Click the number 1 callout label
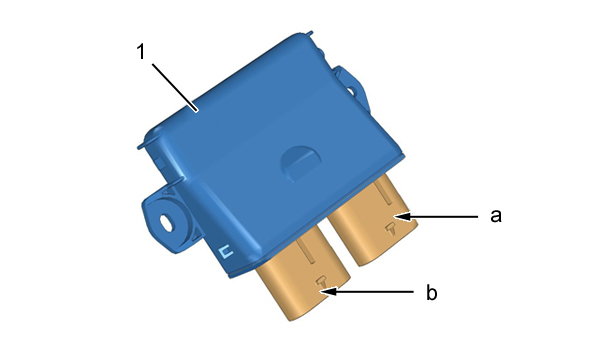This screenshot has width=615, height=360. [141, 52]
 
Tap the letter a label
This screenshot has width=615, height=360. [496, 216]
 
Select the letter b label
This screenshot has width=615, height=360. [431, 293]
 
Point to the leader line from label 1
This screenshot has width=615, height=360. [175, 87]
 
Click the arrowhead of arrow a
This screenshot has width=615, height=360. [402, 216]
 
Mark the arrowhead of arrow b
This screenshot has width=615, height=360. [328, 292]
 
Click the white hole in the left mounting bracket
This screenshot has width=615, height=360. [166, 223]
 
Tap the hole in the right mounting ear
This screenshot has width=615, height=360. [350, 91]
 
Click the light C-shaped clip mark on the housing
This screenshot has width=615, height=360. [225, 251]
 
